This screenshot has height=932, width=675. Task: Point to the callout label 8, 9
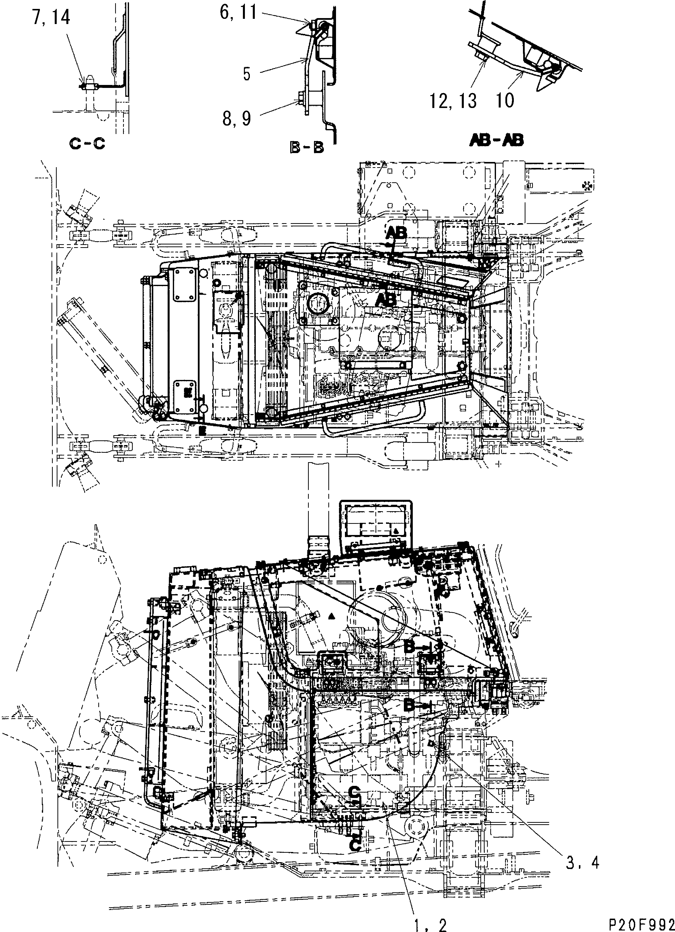point(236,119)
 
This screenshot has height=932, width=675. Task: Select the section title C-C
point(87,144)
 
